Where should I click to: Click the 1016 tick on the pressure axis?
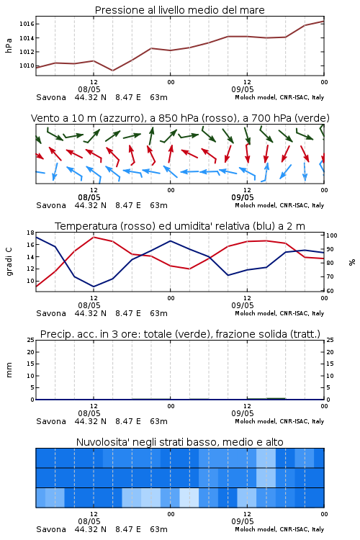click(x=26, y=24)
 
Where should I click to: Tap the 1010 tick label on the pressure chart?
click(x=26, y=66)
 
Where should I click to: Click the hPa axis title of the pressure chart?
click(x=9, y=45)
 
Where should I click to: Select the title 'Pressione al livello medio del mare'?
click(x=180, y=10)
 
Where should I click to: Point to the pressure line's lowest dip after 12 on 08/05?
click(x=112, y=71)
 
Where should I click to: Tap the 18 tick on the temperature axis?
click(x=31, y=233)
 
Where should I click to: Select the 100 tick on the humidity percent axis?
click(x=332, y=235)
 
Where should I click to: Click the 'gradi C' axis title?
click(x=9, y=261)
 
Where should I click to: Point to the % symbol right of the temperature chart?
click(x=352, y=262)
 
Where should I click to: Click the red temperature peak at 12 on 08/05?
click(x=94, y=237)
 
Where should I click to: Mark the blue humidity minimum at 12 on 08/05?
click(x=94, y=287)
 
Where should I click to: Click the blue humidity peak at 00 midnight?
click(x=170, y=240)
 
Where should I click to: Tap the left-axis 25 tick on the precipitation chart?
click(x=31, y=340)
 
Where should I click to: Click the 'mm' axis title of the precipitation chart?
click(x=9, y=370)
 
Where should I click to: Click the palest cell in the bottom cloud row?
click(x=189, y=498)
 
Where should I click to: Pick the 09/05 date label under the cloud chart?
click(x=243, y=521)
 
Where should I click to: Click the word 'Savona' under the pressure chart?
click(x=51, y=97)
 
